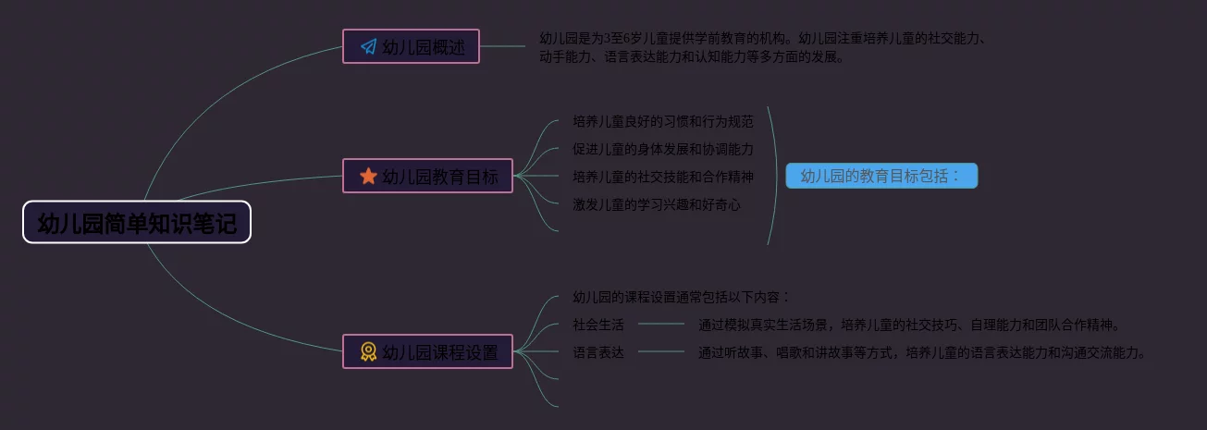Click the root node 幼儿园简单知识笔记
coord(137,223)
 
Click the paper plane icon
coord(368,46)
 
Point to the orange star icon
coord(368,176)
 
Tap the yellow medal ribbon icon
coord(368,351)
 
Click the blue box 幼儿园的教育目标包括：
coord(881,176)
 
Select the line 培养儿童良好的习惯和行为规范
coord(662,121)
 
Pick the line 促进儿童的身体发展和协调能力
coord(662,149)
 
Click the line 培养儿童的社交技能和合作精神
coord(662,177)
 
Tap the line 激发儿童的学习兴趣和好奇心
coord(657,204)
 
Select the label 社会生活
coord(597,325)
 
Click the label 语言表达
coord(597,352)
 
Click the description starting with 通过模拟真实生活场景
coord(910,325)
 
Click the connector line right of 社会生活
coord(661,325)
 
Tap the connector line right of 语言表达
coord(661,352)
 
